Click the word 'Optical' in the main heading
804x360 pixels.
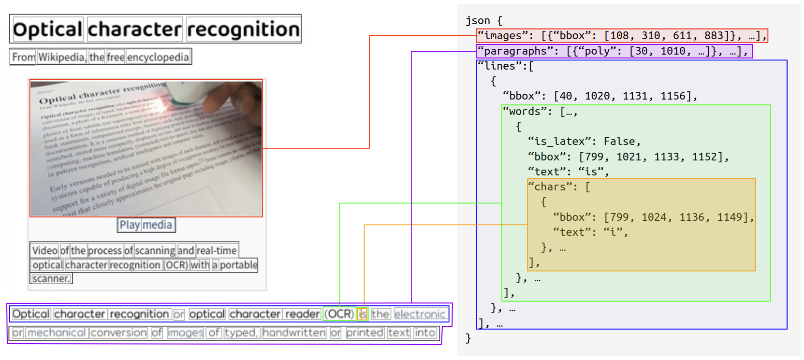47,29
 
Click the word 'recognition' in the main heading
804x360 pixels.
243,29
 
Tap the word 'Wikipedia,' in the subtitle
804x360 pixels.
62,57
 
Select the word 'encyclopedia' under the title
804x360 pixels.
158,57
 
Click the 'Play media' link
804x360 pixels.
146,225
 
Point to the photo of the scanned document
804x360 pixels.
146,148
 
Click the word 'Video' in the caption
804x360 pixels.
44,250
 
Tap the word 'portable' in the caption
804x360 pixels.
238,265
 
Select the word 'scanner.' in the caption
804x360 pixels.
51,278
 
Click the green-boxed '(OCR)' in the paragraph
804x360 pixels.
339,314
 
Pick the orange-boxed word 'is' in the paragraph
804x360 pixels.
363,314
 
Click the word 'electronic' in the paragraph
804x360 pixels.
420,314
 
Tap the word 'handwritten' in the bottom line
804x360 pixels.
294,333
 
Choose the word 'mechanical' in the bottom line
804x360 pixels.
57,333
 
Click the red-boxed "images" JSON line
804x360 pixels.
621,36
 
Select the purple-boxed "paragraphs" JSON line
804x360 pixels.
614,51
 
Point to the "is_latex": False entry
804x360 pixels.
584,141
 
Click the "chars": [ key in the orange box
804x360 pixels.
559,187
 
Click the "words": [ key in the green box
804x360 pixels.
540,111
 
